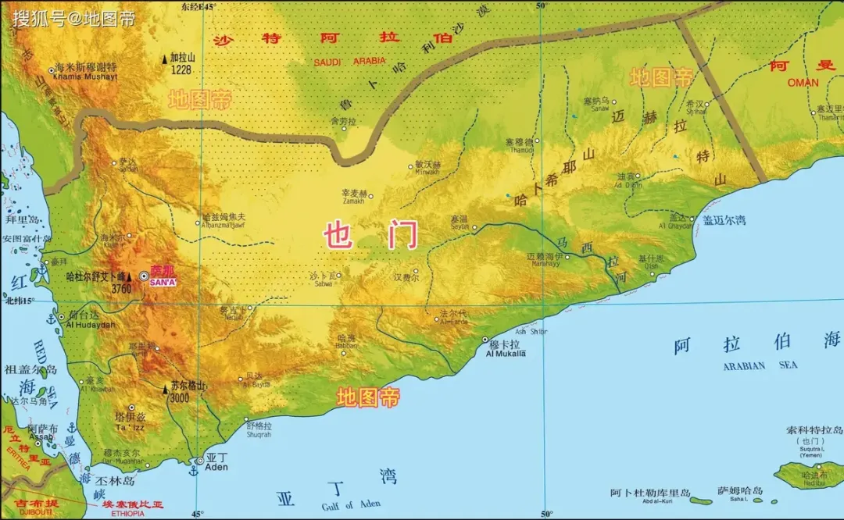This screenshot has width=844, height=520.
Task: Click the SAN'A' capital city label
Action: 163,282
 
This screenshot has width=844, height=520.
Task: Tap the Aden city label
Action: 216,467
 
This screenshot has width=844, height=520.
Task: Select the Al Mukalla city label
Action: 506,354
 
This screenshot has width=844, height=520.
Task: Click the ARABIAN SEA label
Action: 760,365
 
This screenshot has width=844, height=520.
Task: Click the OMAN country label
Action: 803,82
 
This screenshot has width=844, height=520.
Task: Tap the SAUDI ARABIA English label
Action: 349,62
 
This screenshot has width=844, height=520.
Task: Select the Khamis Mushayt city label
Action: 84,77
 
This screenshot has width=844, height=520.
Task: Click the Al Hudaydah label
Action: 91,325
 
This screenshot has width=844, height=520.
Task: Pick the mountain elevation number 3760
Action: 121,289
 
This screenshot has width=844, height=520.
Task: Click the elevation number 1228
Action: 181,69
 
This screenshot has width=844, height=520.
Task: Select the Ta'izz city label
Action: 131,428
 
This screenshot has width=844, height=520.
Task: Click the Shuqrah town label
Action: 258,435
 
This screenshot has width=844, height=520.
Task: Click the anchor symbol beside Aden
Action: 193,470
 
